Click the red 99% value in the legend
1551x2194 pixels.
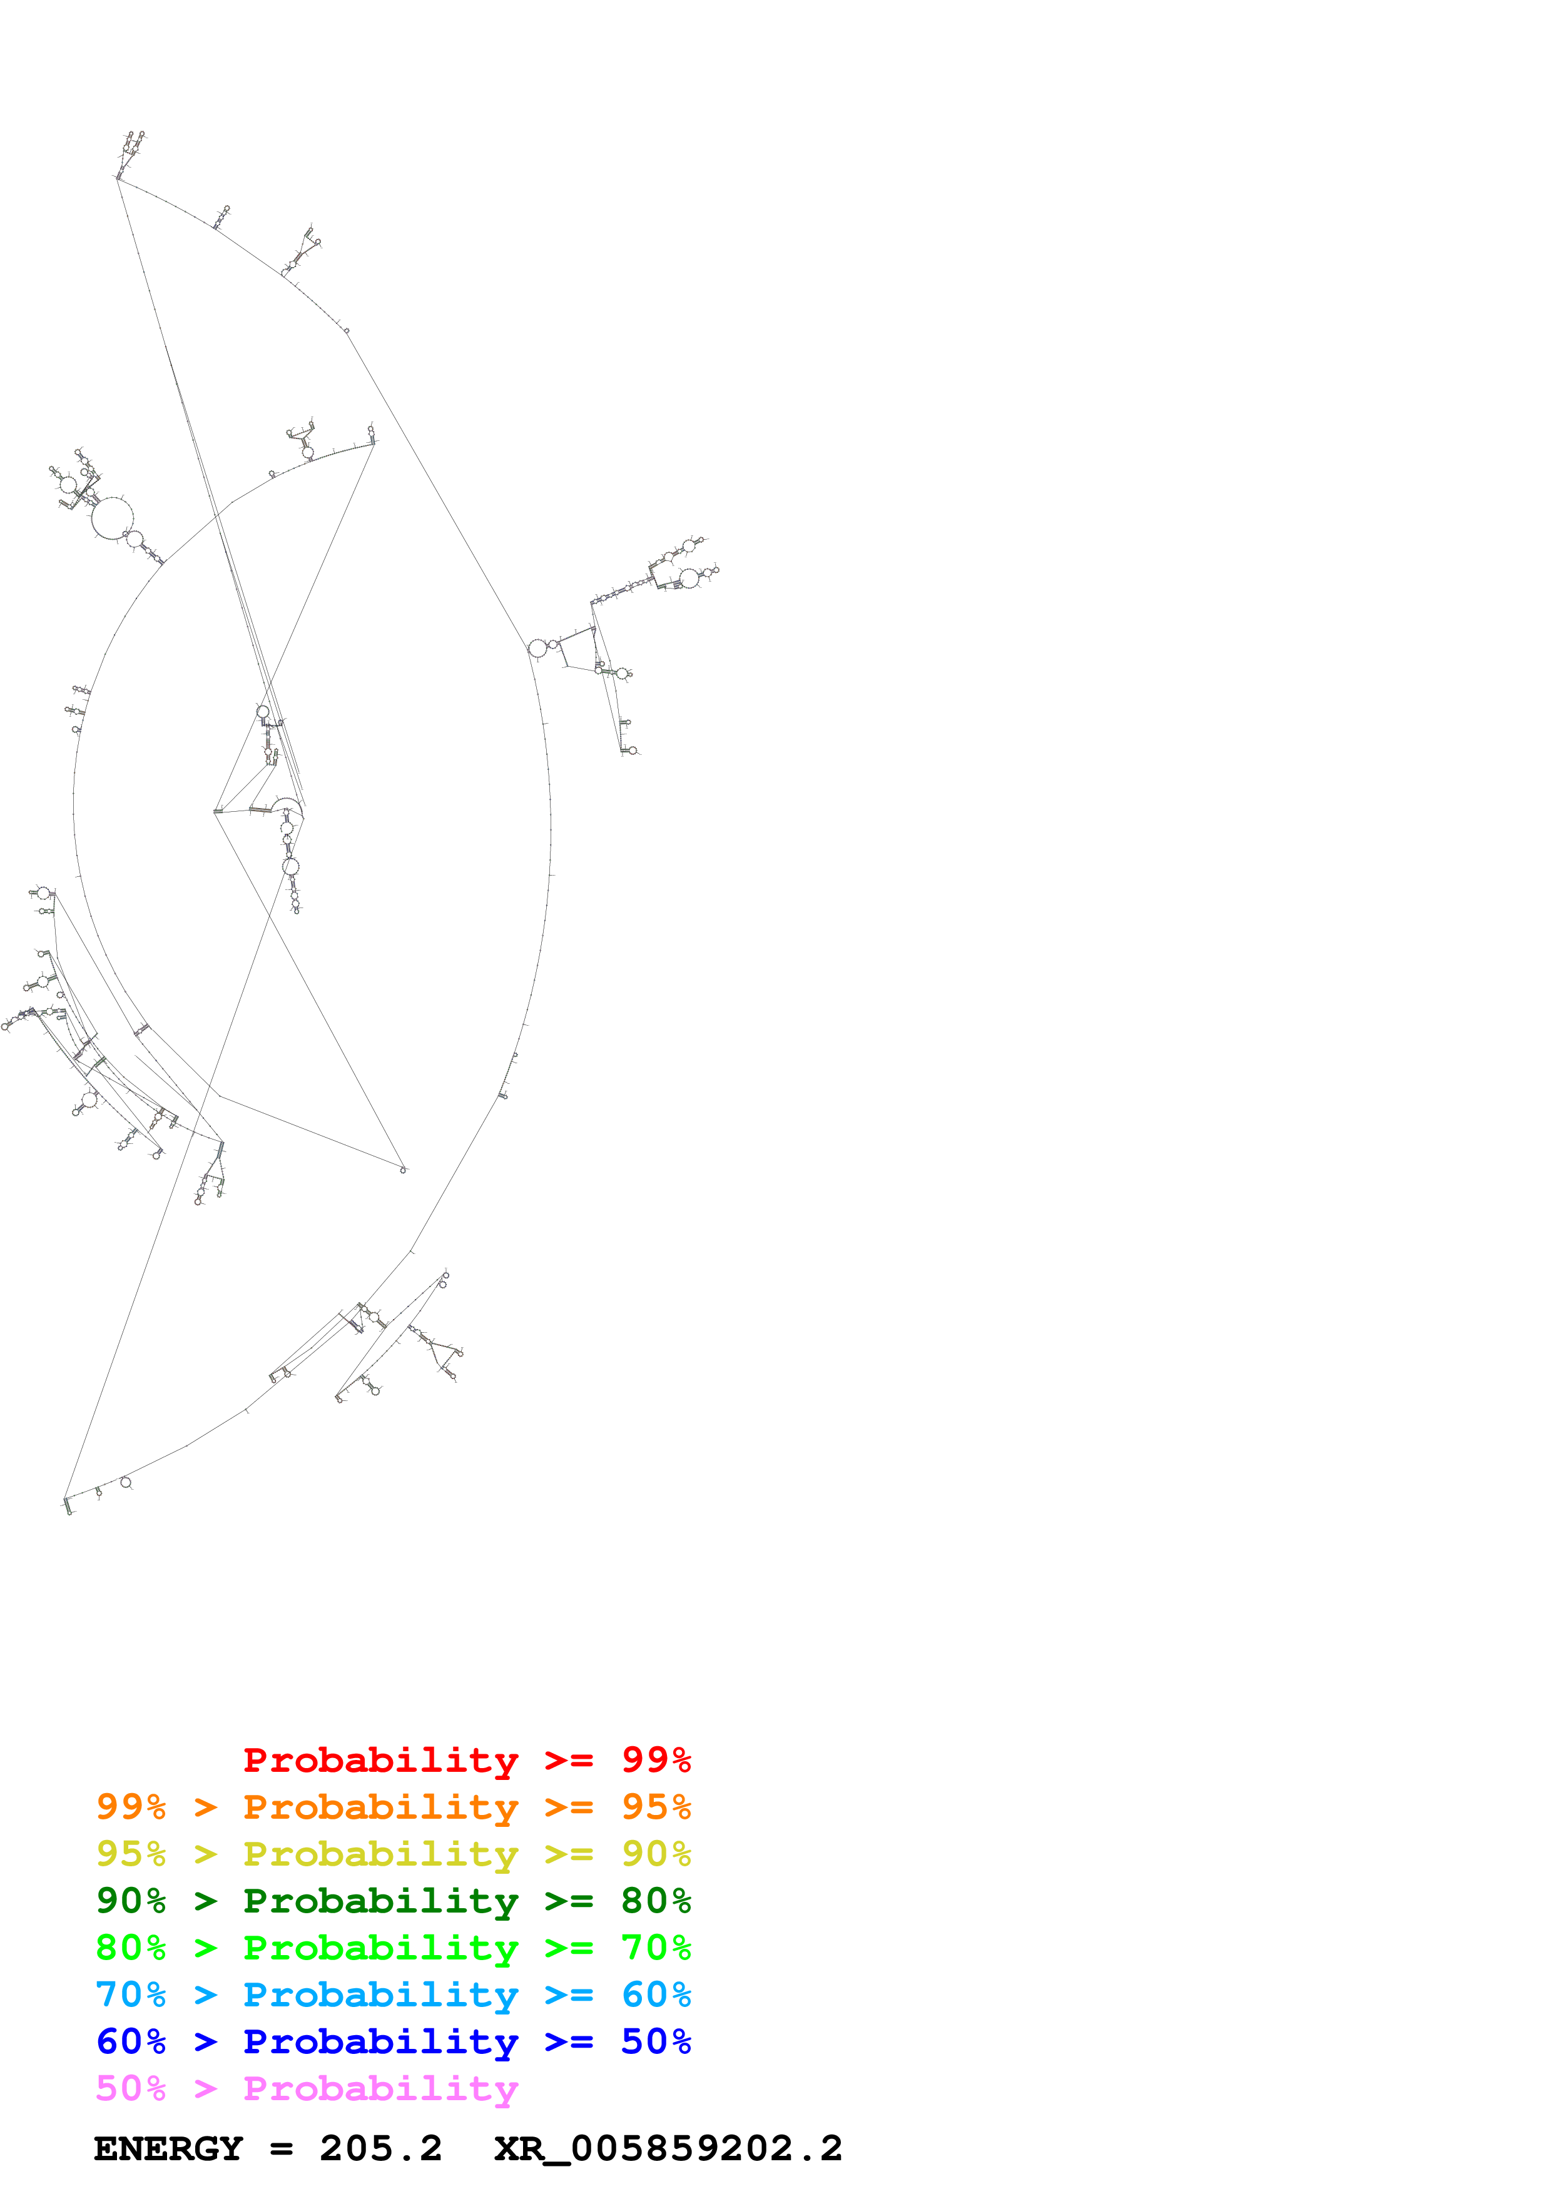tap(656, 1760)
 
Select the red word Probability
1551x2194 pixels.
tap(380, 1760)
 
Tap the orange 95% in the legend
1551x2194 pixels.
tap(656, 1807)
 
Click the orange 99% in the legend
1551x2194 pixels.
tap(131, 1807)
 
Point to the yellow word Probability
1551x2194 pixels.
tap(380, 1854)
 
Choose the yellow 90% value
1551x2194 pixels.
tap(656, 1854)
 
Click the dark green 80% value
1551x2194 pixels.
tap(656, 1901)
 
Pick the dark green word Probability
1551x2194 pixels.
tap(380, 1901)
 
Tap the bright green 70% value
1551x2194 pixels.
tap(656, 1948)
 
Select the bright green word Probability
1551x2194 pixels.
tap(380, 1948)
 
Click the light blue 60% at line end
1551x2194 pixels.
tap(656, 1994)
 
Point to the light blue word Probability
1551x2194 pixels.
tap(380, 1994)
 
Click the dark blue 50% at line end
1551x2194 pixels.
tap(656, 2041)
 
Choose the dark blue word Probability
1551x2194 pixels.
tap(380, 2041)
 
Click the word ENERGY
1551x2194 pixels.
tap(168, 2149)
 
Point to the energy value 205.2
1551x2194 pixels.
tap(380, 2149)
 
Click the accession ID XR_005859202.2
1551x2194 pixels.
tap(668, 2149)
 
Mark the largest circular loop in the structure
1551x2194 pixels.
tap(112, 517)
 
